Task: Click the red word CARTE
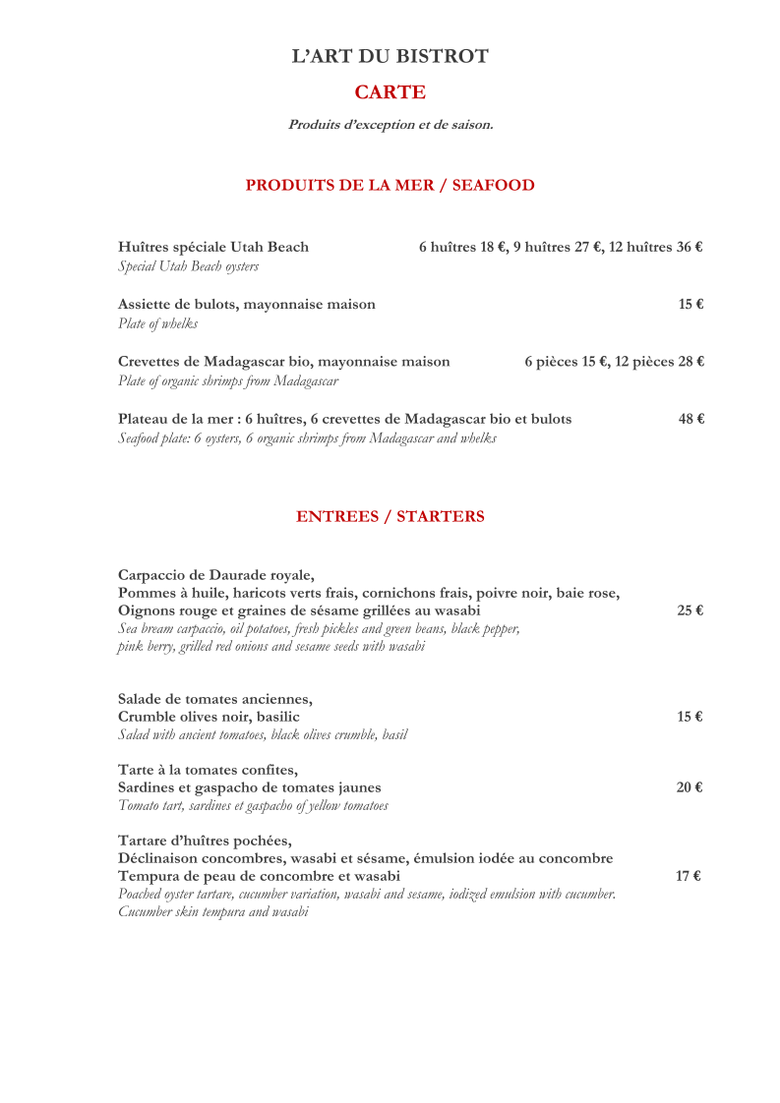click(390, 92)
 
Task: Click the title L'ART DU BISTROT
click(390, 56)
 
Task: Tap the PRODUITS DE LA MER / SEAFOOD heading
click(390, 185)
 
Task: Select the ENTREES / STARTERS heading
click(390, 516)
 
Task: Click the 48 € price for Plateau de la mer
click(690, 419)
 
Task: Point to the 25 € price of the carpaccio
click(690, 610)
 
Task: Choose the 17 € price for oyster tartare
click(688, 876)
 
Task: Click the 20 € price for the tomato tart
click(690, 787)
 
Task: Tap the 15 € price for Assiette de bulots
click(690, 305)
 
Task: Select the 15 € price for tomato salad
click(690, 717)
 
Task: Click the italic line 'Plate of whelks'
click(157, 323)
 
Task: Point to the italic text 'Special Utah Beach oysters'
click(188, 266)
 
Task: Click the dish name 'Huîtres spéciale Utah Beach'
click(213, 247)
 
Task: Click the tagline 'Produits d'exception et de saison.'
click(390, 125)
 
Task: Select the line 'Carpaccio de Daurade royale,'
click(216, 575)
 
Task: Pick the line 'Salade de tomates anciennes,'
click(215, 699)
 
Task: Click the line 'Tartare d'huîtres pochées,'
click(205, 841)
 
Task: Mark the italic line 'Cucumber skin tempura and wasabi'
click(212, 911)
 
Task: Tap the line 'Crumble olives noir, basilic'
click(209, 717)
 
